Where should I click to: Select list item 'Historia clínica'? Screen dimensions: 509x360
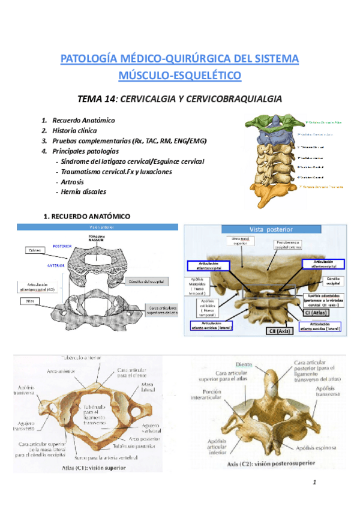(74, 130)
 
